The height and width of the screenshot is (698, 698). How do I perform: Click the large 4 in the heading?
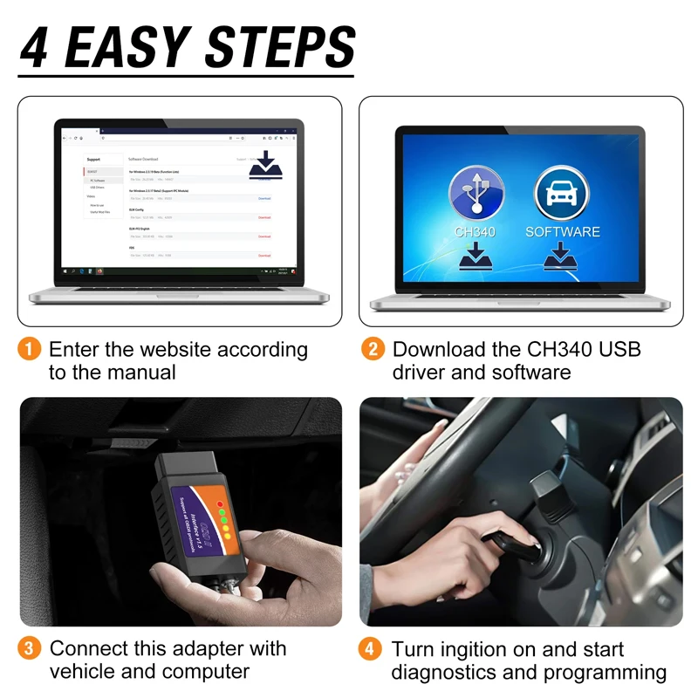35,47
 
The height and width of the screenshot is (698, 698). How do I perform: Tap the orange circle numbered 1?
30,350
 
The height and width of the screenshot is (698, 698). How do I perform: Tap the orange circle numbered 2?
373,350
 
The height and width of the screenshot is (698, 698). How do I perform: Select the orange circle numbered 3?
30,649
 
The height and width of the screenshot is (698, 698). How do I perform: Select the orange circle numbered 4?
373,649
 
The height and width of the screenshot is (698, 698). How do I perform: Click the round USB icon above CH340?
477,194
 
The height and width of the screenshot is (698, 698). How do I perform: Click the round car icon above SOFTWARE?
562,194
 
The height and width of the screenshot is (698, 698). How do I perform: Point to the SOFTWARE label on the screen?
563,232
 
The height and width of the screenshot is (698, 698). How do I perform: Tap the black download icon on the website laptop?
266,165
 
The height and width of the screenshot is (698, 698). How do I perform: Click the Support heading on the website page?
92,160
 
